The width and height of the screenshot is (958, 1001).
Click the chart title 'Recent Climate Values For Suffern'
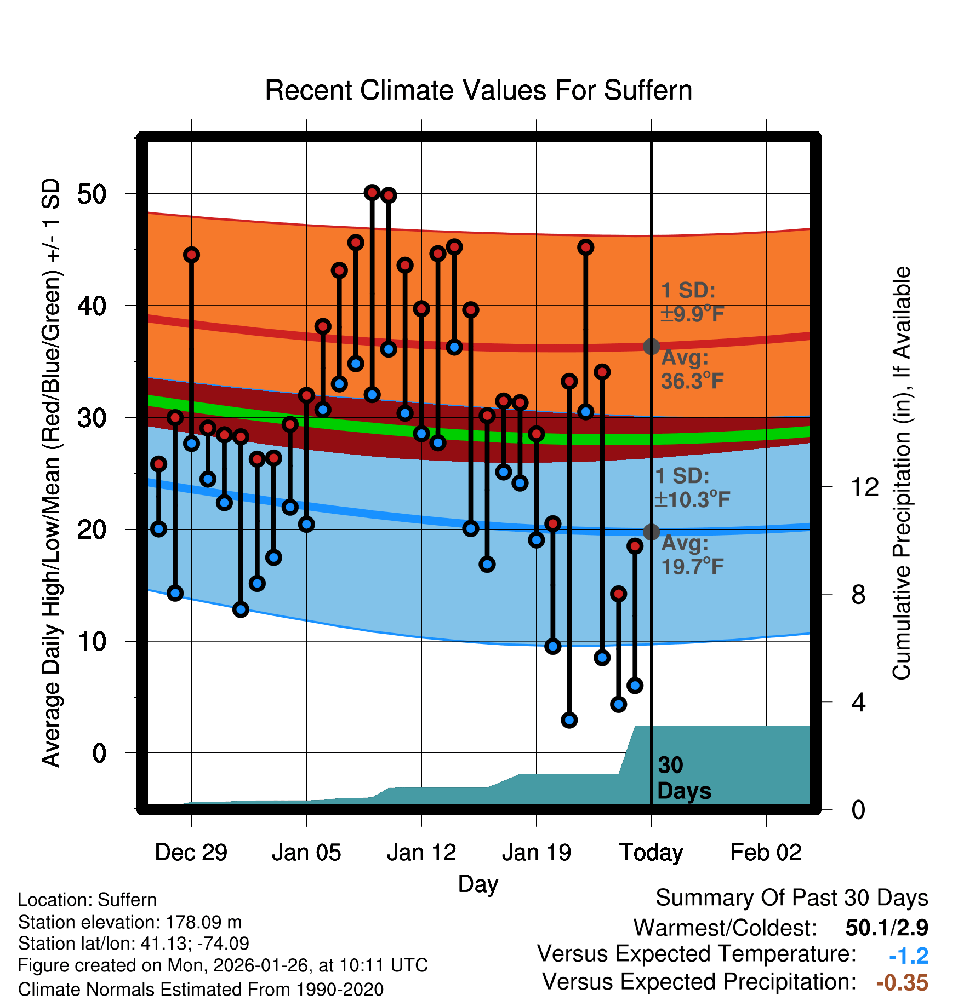coord(478,90)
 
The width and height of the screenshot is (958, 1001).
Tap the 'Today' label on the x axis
coord(651,852)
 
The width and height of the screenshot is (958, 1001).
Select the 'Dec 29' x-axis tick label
coord(191,852)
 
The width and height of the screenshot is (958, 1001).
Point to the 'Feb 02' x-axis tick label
coord(766,852)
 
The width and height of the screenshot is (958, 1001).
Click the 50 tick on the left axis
coord(92,194)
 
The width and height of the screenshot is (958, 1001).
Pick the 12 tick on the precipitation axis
coord(864,487)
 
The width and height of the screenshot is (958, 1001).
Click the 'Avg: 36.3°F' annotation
coord(692,369)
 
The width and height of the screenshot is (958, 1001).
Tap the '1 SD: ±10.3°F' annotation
coord(692,487)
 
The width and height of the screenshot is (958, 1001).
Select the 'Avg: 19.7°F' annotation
coord(692,555)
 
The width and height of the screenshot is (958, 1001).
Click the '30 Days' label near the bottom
coord(683,778)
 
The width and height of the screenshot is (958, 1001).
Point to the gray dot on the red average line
coord(651,346)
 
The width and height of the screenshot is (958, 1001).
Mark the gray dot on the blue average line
coord(651,532)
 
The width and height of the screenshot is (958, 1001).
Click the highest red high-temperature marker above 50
coord(372,192)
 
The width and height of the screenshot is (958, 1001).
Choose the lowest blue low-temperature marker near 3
coord(569,720)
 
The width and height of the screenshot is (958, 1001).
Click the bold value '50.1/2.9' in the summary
coord(886,928)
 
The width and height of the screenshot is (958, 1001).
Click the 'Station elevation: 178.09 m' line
coord(130,922)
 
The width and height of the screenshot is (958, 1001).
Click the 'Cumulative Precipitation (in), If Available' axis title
coord(901,473)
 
